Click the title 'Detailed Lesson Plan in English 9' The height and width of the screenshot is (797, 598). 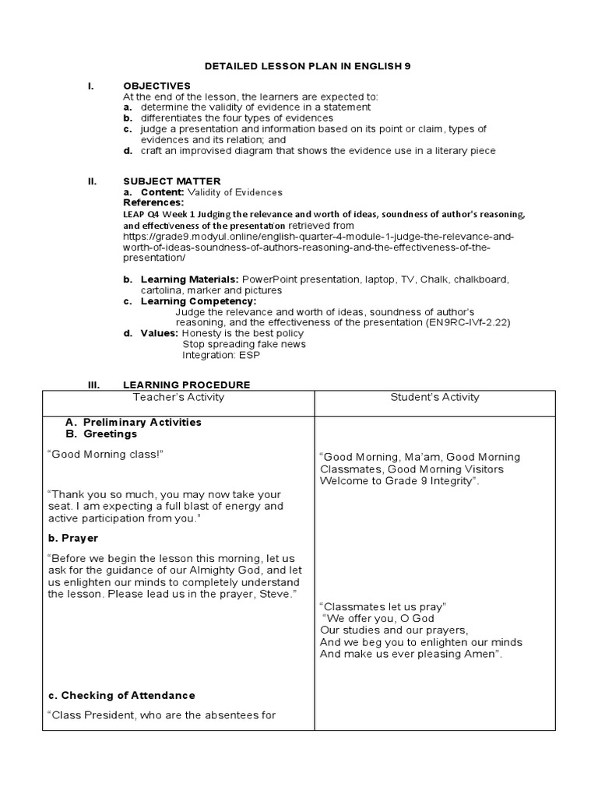pos(308,67)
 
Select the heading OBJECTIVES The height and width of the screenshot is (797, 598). pos(157,86)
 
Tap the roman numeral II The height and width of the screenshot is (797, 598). pos(92,181)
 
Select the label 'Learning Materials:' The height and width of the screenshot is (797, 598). pos(189,279)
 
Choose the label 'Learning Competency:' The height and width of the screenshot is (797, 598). pos(198,301)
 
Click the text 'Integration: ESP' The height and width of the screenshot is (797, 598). pos(221,355)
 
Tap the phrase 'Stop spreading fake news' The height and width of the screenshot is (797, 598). pos(244,344)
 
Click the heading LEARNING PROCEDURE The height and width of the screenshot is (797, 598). pos(186,384)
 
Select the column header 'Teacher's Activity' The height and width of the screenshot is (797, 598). pos(178,397)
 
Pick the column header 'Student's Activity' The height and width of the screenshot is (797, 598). pos(434,397)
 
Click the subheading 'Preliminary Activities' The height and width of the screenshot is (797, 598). pos(142,422)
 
